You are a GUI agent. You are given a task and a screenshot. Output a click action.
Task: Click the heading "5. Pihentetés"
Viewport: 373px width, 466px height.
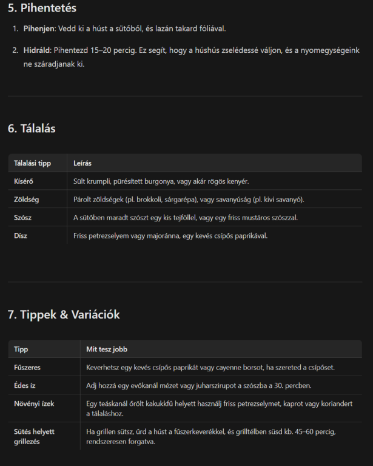42,8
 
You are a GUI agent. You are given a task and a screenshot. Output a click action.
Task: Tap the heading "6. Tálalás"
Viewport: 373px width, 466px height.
32,129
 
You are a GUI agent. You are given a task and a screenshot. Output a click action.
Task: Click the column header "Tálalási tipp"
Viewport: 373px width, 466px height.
33,163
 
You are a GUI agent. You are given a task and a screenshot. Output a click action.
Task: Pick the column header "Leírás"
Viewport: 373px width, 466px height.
82,163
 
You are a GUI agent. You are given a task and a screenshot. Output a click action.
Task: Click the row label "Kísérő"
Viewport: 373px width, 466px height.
24,181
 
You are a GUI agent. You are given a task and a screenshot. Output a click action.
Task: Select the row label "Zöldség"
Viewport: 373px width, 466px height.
27,200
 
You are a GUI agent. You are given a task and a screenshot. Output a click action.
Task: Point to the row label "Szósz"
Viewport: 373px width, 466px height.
24,217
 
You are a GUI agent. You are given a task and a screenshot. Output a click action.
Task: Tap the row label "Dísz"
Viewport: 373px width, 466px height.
21,235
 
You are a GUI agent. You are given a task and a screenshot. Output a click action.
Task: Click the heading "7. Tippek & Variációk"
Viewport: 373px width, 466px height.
64,314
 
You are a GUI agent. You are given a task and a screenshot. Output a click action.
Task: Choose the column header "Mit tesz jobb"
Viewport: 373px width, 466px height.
107,349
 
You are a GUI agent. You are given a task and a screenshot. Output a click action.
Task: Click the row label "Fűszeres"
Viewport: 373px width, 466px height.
27,368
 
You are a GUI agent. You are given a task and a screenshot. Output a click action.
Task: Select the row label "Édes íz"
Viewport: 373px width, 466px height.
25,386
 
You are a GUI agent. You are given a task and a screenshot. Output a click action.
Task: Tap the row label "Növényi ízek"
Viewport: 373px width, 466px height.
34,404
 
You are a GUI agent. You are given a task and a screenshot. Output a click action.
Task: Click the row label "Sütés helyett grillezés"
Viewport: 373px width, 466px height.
35,436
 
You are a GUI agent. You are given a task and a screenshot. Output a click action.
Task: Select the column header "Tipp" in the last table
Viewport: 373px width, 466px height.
21,349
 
